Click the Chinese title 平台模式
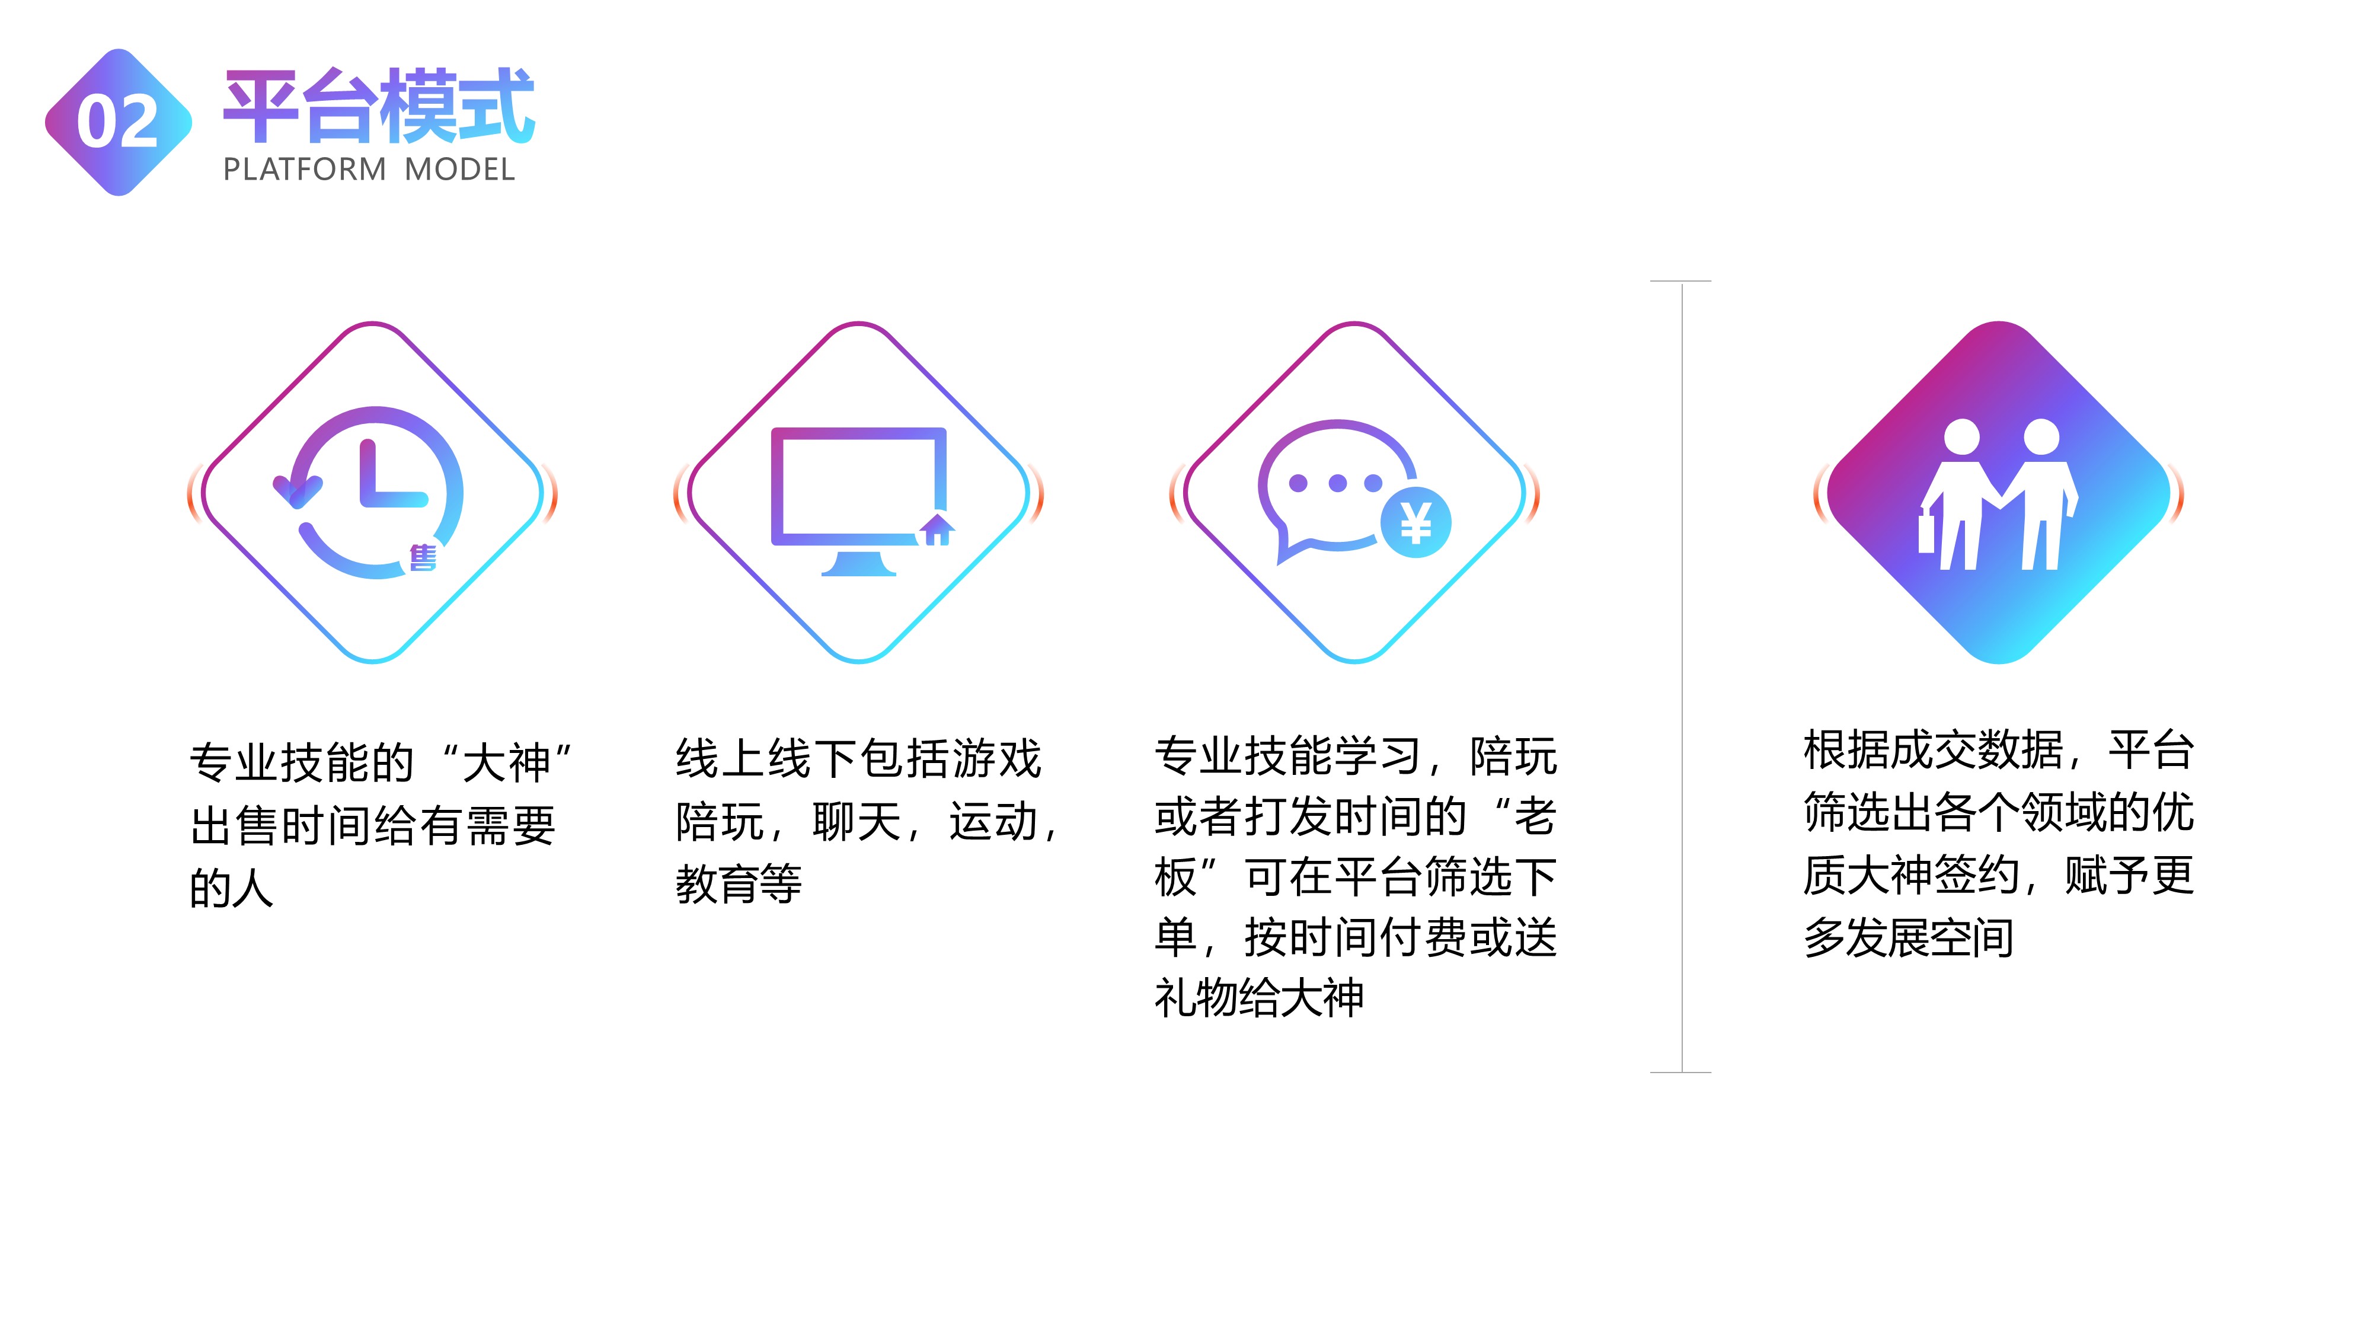pos(378,106)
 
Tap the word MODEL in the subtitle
pos(459,170)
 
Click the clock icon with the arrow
pos(368,493)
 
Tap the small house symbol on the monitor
pos(937,530)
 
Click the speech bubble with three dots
pos(1337,488)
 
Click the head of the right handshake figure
pos(2041,436)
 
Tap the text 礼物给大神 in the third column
pos(1259,997)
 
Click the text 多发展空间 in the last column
pos(1908,938)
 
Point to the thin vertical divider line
pos(1682,676)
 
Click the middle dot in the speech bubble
pos(1337,483)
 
